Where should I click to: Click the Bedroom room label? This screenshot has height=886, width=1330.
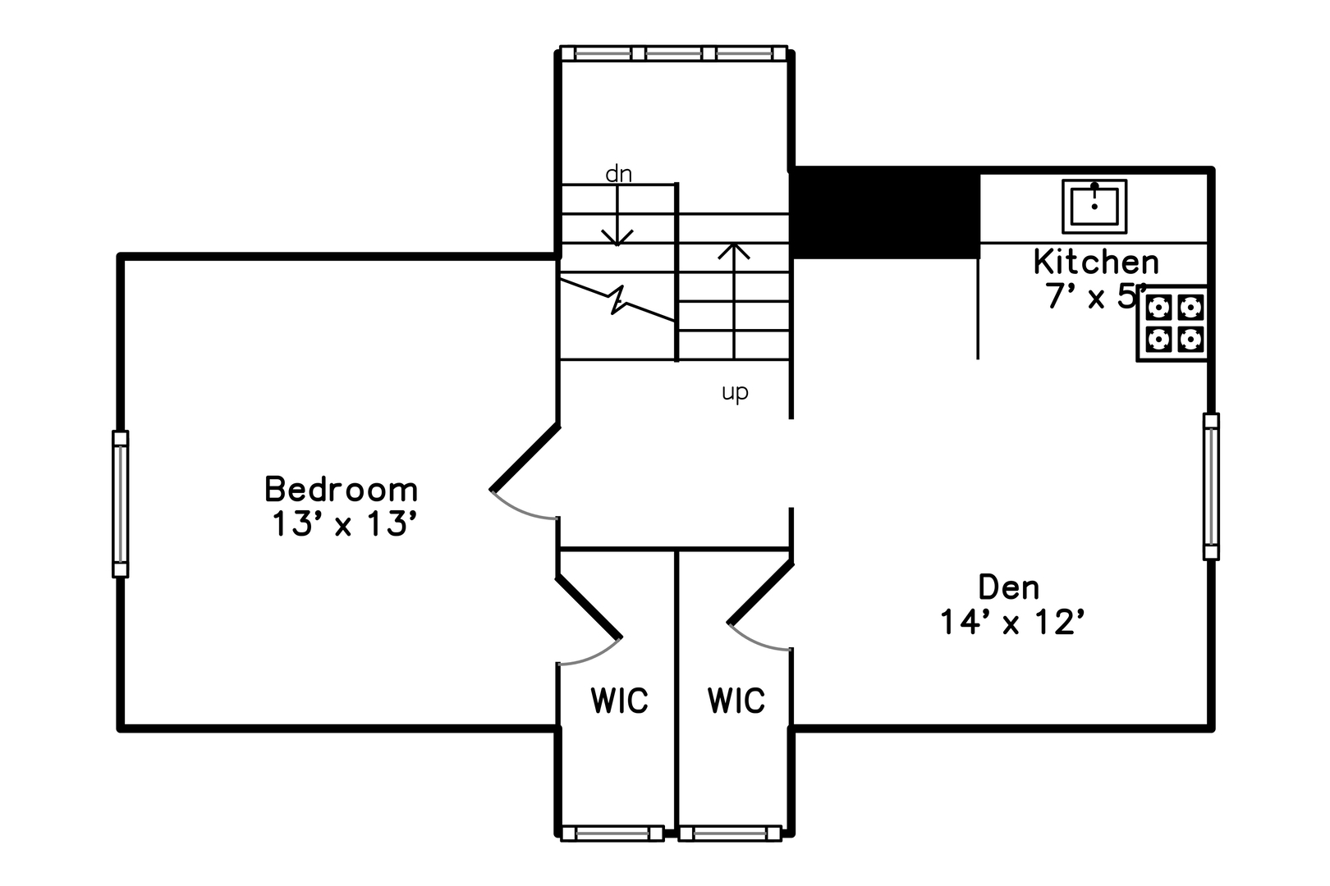click(x=342, y=490)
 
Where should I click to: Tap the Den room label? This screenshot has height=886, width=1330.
click(x=1009, y=587)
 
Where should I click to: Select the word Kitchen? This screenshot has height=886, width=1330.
click(x=1096, y=262)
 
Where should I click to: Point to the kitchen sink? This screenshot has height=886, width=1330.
click(x=1094, y=207)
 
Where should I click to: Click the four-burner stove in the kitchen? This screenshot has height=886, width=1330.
click(x=1173, y=323)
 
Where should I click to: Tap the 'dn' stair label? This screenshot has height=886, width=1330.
click(x=618, y=174)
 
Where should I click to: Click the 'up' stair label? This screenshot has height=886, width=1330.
click(x=735, y=392)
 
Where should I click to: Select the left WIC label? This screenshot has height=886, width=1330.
click(x=619, y=701)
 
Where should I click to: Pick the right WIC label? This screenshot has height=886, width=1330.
click(x=736, y=701)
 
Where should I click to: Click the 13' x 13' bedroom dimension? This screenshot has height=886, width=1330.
click(x=344, y=524)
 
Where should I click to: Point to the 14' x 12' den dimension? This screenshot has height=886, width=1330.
click(x=1013, y=623)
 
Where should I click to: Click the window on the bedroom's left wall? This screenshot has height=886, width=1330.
click(x=121, y=504)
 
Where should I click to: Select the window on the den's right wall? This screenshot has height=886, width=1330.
click(x=1211, y=486)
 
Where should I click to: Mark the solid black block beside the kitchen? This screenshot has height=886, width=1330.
click(x=884, y=212)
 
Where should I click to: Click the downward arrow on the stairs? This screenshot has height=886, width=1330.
click(x=617, y=215)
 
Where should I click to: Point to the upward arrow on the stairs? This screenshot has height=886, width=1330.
click(x=734, y=301)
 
